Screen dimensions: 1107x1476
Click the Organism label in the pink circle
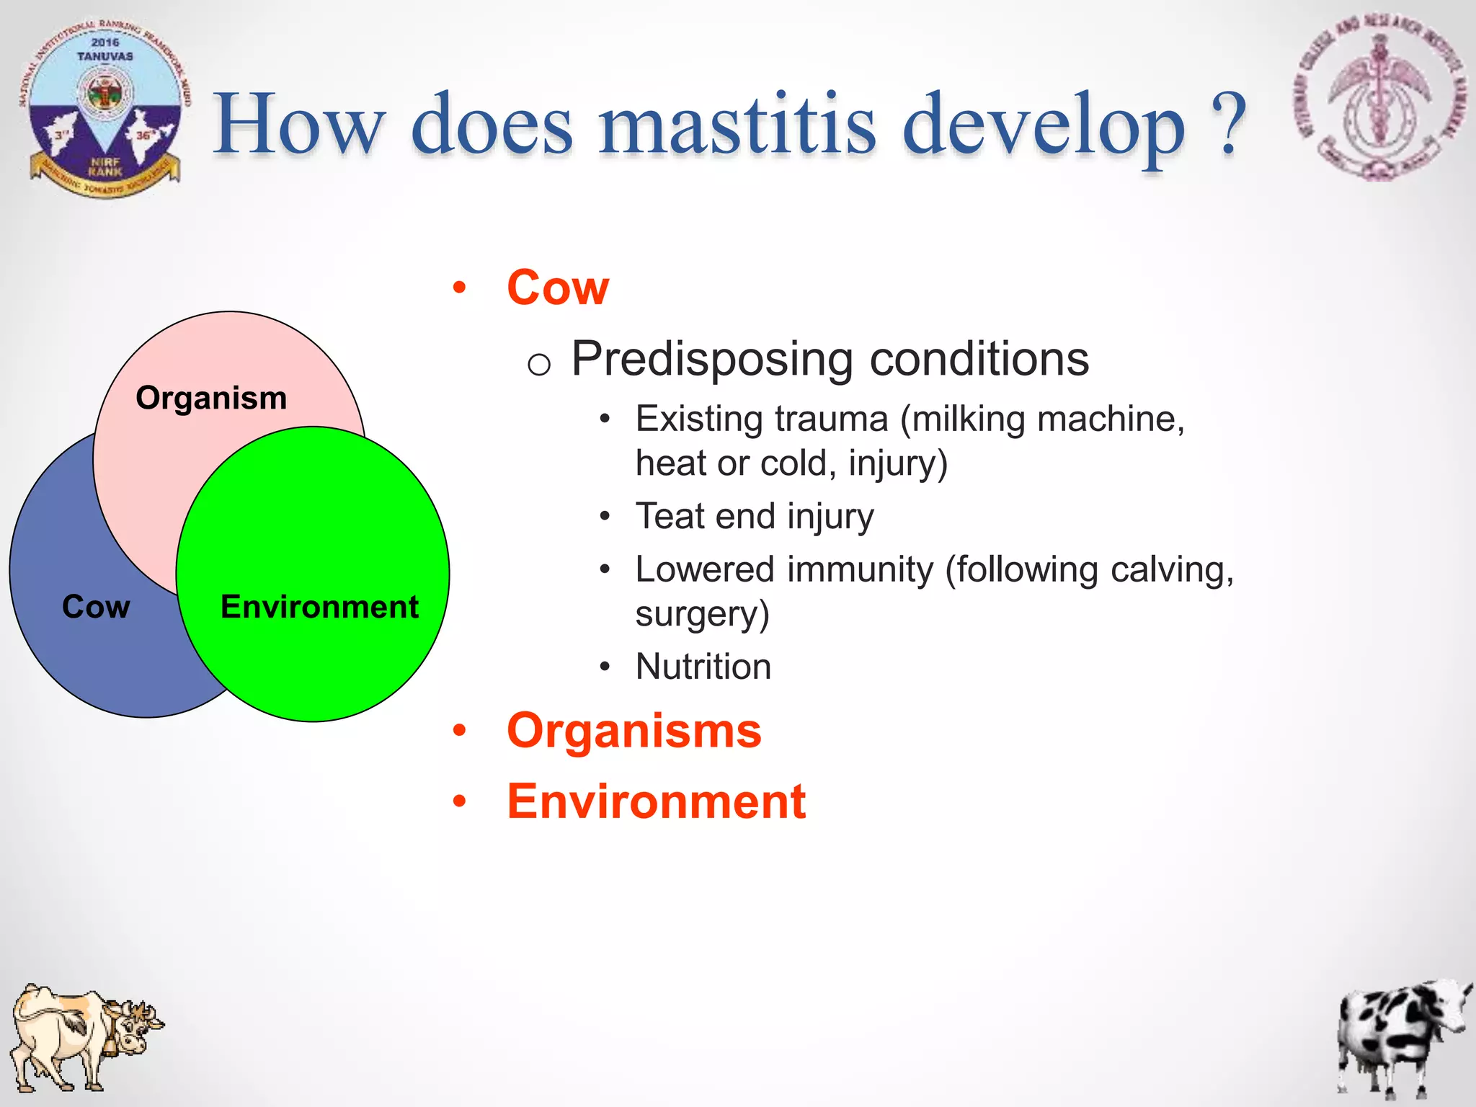coord(211,398)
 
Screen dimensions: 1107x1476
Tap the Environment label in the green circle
coord(319,606)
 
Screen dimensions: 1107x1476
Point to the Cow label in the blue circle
coord(96,606)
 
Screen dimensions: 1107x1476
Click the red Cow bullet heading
coord(558,288)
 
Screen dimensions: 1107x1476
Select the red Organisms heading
coord(633,731)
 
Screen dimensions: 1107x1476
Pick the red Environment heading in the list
coord(656,801)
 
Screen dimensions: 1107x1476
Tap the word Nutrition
coord(703,666)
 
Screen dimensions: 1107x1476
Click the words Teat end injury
coord(754,516)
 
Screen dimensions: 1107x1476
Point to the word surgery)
coord(702,614)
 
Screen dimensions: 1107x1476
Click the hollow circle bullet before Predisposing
coord(538,364)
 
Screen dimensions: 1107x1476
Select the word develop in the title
coord(1043,124)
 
